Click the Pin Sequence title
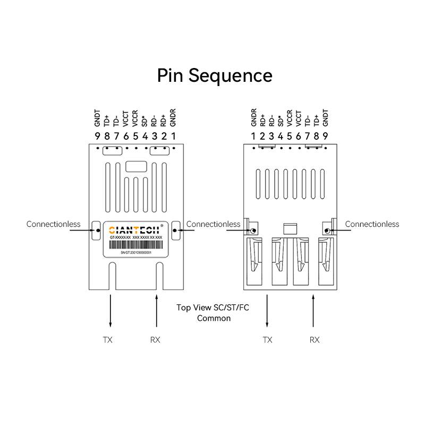tap(215, 75)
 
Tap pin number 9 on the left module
tap(97, 137)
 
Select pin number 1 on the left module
tap(174, 137)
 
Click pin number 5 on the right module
tap(290, 137)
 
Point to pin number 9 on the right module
tap(326, 137)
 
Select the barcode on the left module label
tap(136, 245)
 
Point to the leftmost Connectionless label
tap(53, 224)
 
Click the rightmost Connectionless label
tap(372, 224)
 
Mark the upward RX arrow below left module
tap(157, 311)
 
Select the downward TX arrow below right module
tap(267, 311)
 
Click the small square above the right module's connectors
tap(290, 228)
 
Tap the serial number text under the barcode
tap(136, 253)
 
